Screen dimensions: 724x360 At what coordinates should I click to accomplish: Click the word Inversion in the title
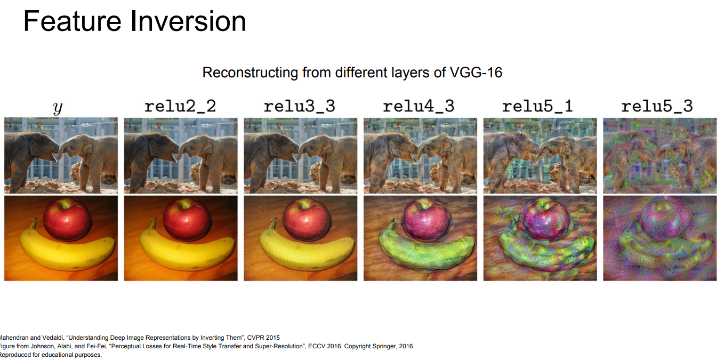pyautogui.click(x=188, y=21)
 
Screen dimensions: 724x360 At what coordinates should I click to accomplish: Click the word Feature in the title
pyautogui.click(x=73, y=21)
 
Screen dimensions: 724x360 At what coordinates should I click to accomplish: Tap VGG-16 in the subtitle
pyautogui.click(x=476, y=73)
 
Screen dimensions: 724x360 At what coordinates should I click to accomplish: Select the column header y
pyautogui.click(x=58, y=107)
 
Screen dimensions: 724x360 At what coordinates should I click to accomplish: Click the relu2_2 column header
pyautogui.click(x=180, y=107)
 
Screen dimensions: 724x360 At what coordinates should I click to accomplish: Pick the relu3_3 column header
pyautogui.click(x=300, y=107)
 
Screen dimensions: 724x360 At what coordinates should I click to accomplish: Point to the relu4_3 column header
pyautogui.click(x=419, y=107)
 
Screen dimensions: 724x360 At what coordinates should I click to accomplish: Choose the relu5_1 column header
pyautogui.click(x=538, y=107)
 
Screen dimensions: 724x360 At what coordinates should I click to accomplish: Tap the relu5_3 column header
pyautogui.click(x=657, y=107)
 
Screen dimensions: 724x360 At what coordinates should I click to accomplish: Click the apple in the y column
pyautogui.click(x=67, y=219)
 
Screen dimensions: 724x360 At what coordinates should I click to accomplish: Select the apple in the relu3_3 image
pyautogui.click(x=307, y=219)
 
